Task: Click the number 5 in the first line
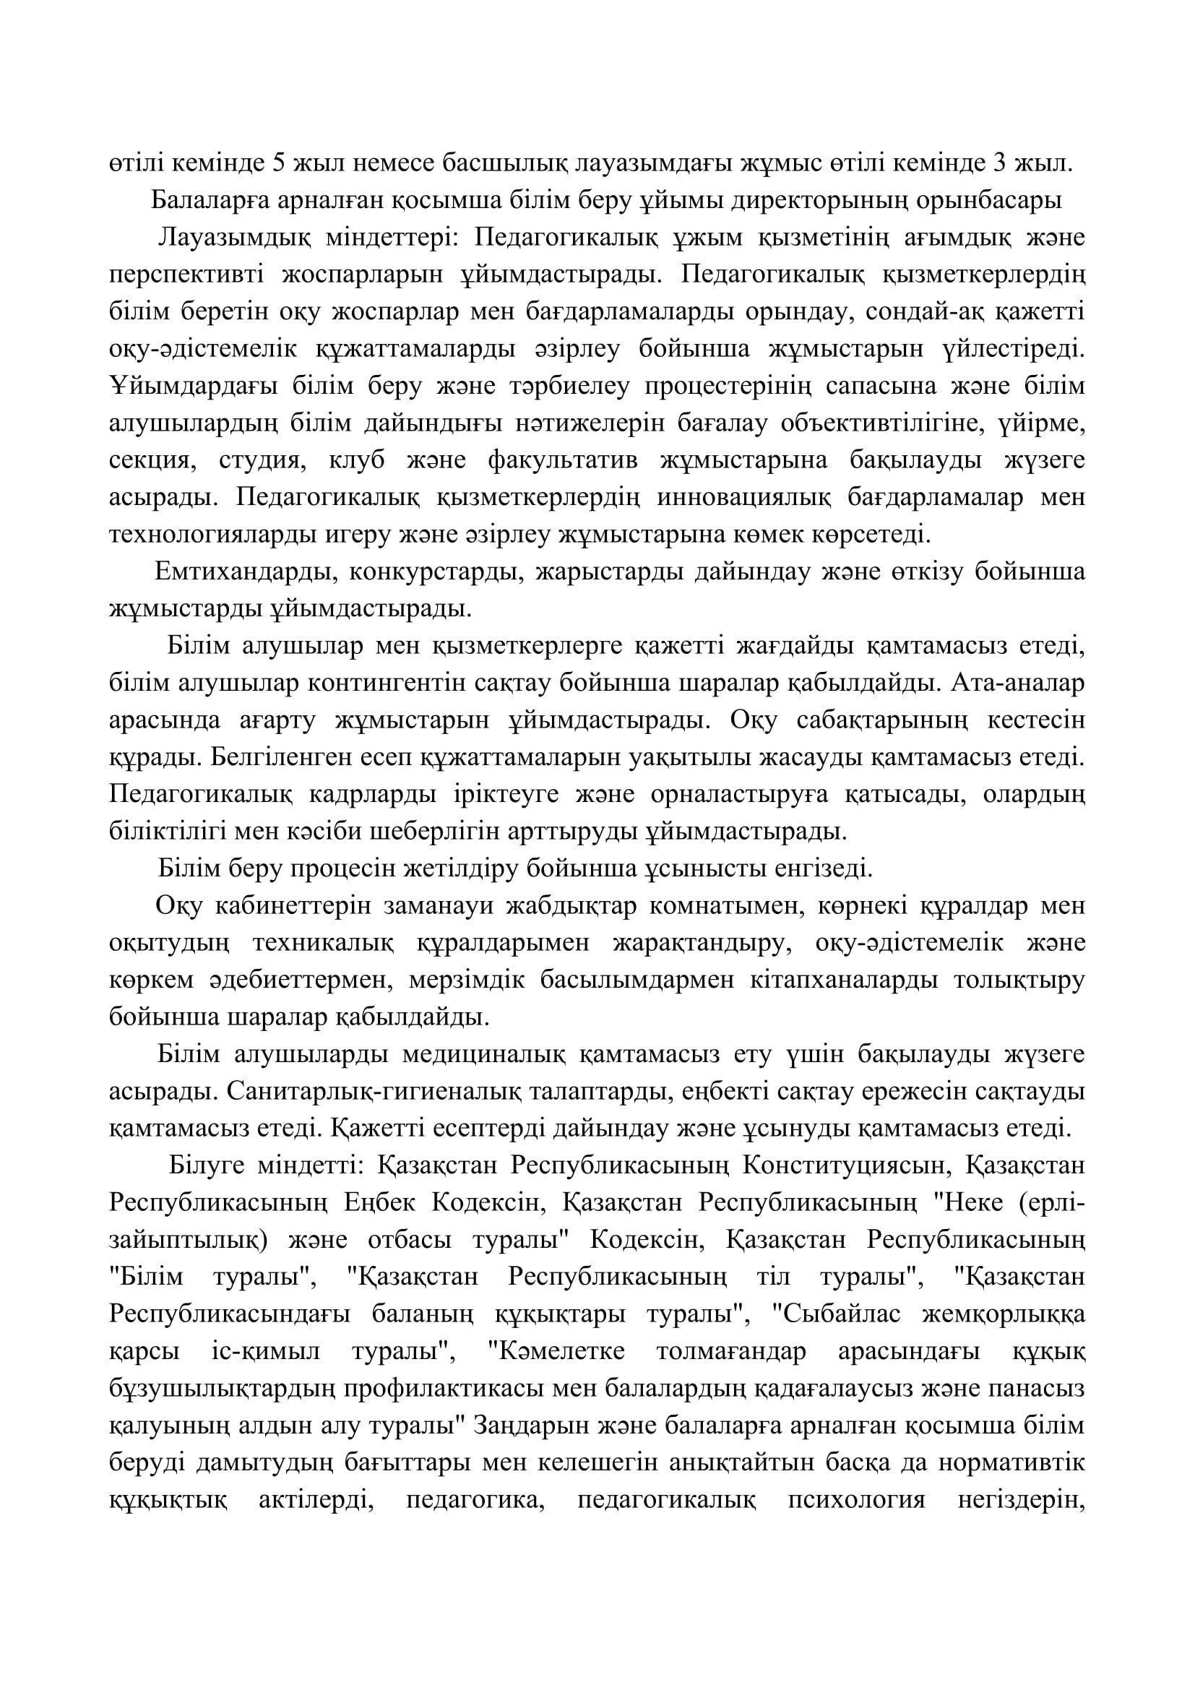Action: point(280,163)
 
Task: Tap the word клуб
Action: point(351,461)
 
